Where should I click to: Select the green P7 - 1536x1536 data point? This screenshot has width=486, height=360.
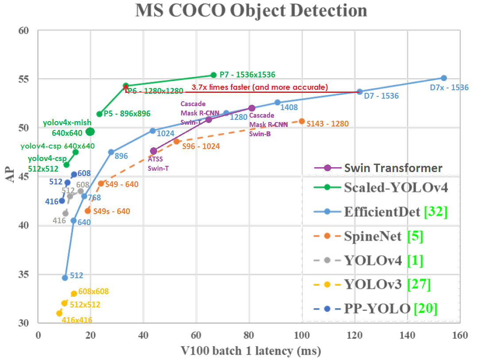click(x=213, y=75)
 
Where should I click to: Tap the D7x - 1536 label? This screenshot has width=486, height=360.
click(x=449, y=88)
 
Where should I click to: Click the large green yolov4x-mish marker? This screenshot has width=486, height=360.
click(x=90, y=131)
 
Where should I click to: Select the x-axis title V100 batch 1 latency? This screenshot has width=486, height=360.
click(x=251, y=351)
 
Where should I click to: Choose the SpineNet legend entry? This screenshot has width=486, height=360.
click(x=372, y=236)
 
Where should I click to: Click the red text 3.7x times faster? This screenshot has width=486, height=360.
click(x=259, y=88)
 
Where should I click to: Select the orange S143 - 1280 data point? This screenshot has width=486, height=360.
click(x=302, y=121)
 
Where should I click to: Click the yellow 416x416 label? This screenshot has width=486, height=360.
click(x=77, y=320)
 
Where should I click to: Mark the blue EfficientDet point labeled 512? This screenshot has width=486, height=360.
click(x=65, y=278)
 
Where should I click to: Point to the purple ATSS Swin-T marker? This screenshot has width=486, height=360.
click(x=154, y=151)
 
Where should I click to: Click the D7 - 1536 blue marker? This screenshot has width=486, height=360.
click(x=359, y=92)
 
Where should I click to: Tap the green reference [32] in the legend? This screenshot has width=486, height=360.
click(x=436, y=212)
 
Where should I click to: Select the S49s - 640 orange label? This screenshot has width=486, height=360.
click(x=111, y=211)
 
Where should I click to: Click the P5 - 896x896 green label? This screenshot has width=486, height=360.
click(x=127, y=114)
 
